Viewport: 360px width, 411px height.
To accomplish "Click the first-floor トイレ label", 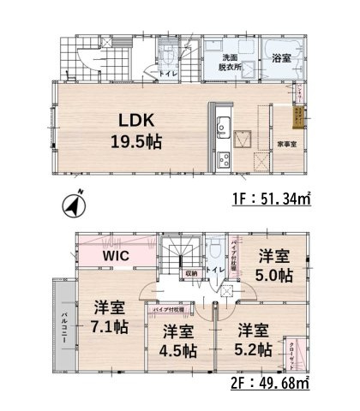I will [x=172, y=74].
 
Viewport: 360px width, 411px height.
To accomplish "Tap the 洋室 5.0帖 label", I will [x=276, y=266].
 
